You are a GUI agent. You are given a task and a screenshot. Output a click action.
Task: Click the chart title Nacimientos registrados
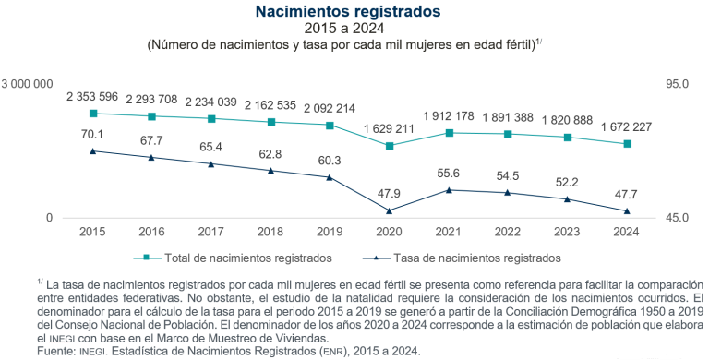354,12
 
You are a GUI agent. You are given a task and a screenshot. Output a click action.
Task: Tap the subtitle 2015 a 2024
354,30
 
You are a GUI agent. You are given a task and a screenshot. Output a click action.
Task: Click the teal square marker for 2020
389,146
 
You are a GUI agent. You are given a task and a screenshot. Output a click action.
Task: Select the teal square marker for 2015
92,114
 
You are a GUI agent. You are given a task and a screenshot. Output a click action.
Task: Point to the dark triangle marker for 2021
449,190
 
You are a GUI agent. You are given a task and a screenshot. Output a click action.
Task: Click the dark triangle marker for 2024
627,210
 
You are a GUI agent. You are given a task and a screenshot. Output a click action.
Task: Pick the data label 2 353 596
92,96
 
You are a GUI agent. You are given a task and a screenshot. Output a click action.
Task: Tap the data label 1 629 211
389,128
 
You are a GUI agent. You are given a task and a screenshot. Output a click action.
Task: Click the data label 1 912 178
449,115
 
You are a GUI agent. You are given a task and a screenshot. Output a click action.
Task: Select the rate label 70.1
92,134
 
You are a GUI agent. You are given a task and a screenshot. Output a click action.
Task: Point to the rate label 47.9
389,194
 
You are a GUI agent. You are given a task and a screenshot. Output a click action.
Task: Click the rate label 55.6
449,173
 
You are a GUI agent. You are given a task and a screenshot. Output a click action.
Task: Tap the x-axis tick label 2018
270,232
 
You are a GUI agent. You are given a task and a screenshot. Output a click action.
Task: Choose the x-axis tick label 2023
567,232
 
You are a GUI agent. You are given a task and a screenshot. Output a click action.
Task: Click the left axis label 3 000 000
31,84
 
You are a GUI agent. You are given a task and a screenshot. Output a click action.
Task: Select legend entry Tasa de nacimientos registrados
471,258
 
